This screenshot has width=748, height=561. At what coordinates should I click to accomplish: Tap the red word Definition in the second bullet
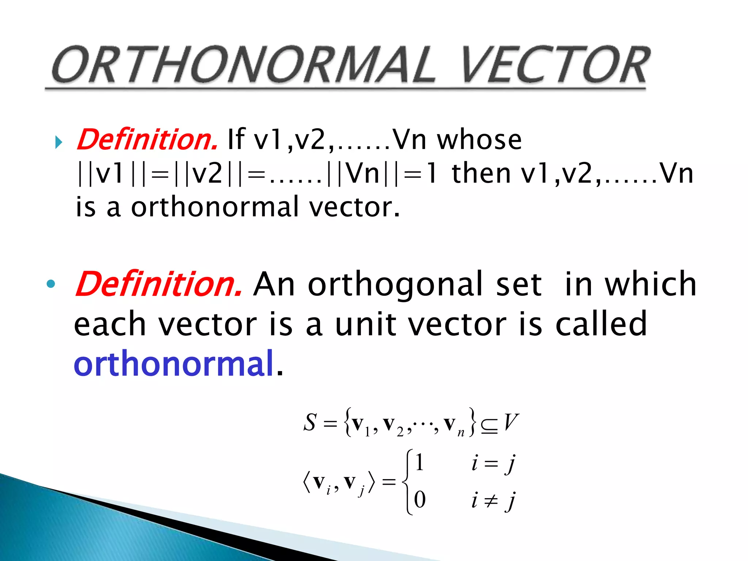point(158,284)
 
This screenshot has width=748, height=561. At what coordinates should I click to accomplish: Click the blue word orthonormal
point(174,363)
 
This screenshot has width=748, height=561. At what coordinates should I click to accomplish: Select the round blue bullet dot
point(51,283)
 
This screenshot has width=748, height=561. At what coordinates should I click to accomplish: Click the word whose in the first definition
point(479,140)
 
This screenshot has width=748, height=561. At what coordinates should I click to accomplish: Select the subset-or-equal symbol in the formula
point(489,426)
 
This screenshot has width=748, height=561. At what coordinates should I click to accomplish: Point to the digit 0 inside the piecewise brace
point(420,500)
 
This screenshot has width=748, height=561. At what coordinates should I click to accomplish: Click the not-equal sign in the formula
point(491,500)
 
